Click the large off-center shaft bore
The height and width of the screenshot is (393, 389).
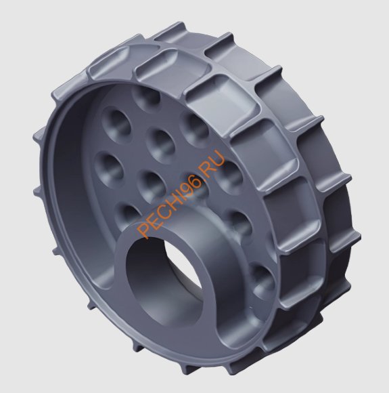[x=164, y=281]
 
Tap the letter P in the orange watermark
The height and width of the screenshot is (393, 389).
[x=143, y=229]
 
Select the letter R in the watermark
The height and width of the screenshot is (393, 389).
[x=209, y=164]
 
